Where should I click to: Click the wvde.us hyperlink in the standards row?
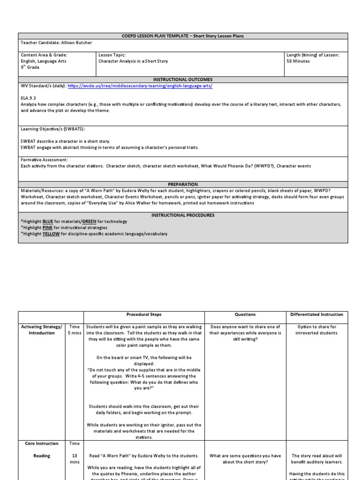coord(139,86)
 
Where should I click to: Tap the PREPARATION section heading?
coord(183,184)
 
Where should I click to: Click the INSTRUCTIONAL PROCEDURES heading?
coord(183,215)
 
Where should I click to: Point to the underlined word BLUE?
coord(48,221)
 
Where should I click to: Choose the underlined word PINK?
coord(48,227)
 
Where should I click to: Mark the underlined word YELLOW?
coord(51,233)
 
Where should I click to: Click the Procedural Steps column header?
coord(144,315)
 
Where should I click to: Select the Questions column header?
coord(245,315)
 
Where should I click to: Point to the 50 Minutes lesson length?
coord(298,61)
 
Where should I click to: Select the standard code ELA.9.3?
coord(29,98)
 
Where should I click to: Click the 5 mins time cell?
coord(75,333)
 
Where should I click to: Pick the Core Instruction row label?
coord(42,443)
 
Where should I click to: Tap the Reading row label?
coord(42,455)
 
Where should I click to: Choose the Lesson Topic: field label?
coord(112,55)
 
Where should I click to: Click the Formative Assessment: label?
coord(45,160)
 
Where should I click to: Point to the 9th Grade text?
coord(30,67)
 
